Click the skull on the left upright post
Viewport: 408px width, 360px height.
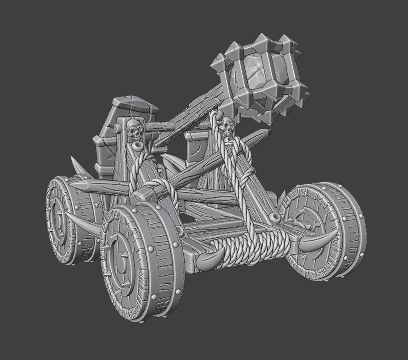(133, 130)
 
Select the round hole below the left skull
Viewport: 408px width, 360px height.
(137, 147)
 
